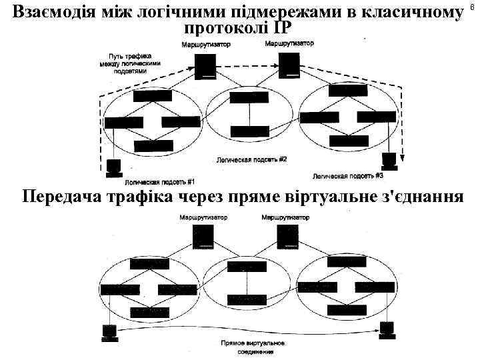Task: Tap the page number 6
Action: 475,6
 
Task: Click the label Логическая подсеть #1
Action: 159,181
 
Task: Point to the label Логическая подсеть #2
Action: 251,160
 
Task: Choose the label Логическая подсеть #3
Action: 347,176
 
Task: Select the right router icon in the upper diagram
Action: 289,64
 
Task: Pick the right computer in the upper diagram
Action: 389,160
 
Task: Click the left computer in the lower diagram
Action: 109,331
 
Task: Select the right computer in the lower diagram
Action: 387,329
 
